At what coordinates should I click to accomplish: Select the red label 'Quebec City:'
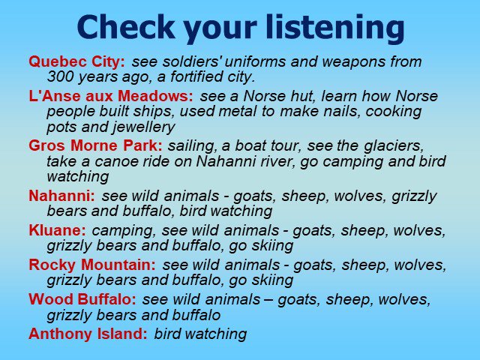pyautogui.click(x=76, y=62)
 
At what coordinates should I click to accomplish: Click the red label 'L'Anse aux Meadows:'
pyautogui.click(x=111, y=96)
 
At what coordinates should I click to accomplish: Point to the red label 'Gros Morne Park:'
pyautogui.click(x=95, y=145)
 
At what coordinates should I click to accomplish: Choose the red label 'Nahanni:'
pyautogui.click(x=62, y=196)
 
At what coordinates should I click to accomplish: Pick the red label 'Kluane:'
pyautogui.click(x=58, y=230)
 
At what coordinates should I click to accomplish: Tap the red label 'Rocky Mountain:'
pyautogui.click(x=92, y=265)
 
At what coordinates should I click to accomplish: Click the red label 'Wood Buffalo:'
pyautogui.click(x=82, y=299)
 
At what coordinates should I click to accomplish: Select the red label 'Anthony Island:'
pyautogui.click(x=88, y=334)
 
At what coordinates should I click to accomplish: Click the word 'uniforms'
pyautogui.click(x=255, y=61)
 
